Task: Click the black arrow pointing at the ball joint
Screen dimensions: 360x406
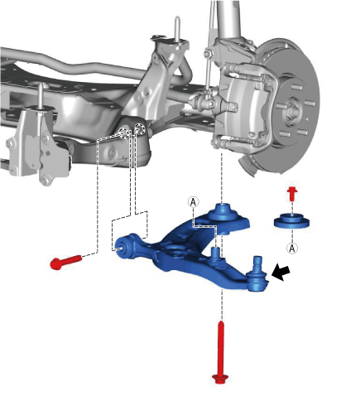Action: (x=281, y=273)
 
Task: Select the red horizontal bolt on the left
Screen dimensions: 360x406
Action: (x=66, y=262)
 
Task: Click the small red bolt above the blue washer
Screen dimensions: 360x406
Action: (x=292, y=194)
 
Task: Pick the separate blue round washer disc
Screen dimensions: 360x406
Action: (x=291, y=221)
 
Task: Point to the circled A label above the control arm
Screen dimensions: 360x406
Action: (x=194, y=202)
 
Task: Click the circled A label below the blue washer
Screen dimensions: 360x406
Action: (x=292, y=248)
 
